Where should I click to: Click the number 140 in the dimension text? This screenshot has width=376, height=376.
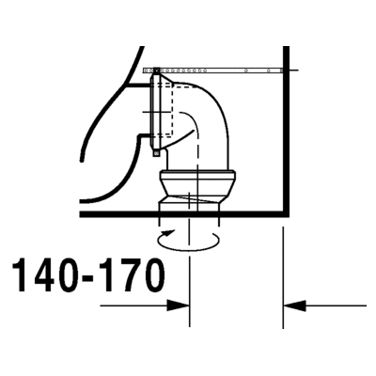(x=49, y=275)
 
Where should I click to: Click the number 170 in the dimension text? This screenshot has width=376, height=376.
(x=131, y=275)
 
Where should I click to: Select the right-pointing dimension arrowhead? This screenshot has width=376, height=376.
(x=178, y=305)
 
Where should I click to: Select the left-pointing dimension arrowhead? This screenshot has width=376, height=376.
(x=294, y=305)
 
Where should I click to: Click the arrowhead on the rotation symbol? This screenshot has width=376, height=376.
(x=167, y=232)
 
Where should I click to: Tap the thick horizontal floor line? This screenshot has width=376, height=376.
(x=184, y=214)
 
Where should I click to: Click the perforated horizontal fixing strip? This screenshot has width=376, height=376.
(x=212, y=70)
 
